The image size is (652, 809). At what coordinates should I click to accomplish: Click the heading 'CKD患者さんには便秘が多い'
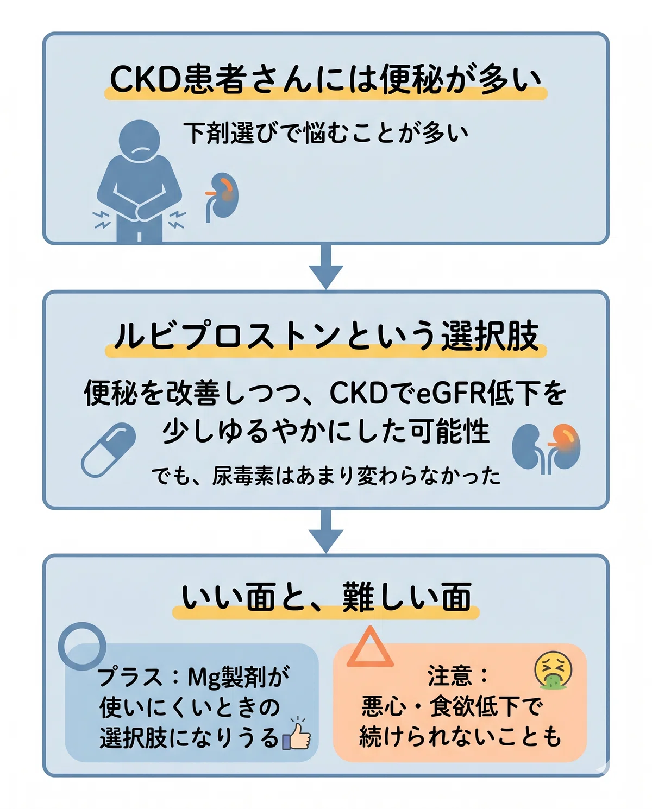tap(325, 80)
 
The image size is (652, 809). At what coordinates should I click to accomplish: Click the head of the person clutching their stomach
tap(139, 140)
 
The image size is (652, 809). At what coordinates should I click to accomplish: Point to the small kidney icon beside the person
tap(222, 196)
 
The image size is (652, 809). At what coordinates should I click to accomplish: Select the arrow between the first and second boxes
tap(326, 267)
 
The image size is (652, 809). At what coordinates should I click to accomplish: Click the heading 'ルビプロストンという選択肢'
tap(326, 336)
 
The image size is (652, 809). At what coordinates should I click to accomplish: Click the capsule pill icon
tap(108, 450)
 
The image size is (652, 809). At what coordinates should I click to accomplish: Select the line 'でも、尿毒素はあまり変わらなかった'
tap(326, 476)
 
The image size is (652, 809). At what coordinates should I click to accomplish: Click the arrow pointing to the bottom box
tap(326, 532)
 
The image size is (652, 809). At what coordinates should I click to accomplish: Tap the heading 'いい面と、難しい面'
tap(326, 597)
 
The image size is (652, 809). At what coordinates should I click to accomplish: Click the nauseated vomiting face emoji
tap(554, 670)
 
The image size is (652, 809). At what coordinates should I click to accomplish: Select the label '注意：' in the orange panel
tap(457, 675)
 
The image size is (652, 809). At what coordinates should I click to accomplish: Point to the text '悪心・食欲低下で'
tap(452, 706)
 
